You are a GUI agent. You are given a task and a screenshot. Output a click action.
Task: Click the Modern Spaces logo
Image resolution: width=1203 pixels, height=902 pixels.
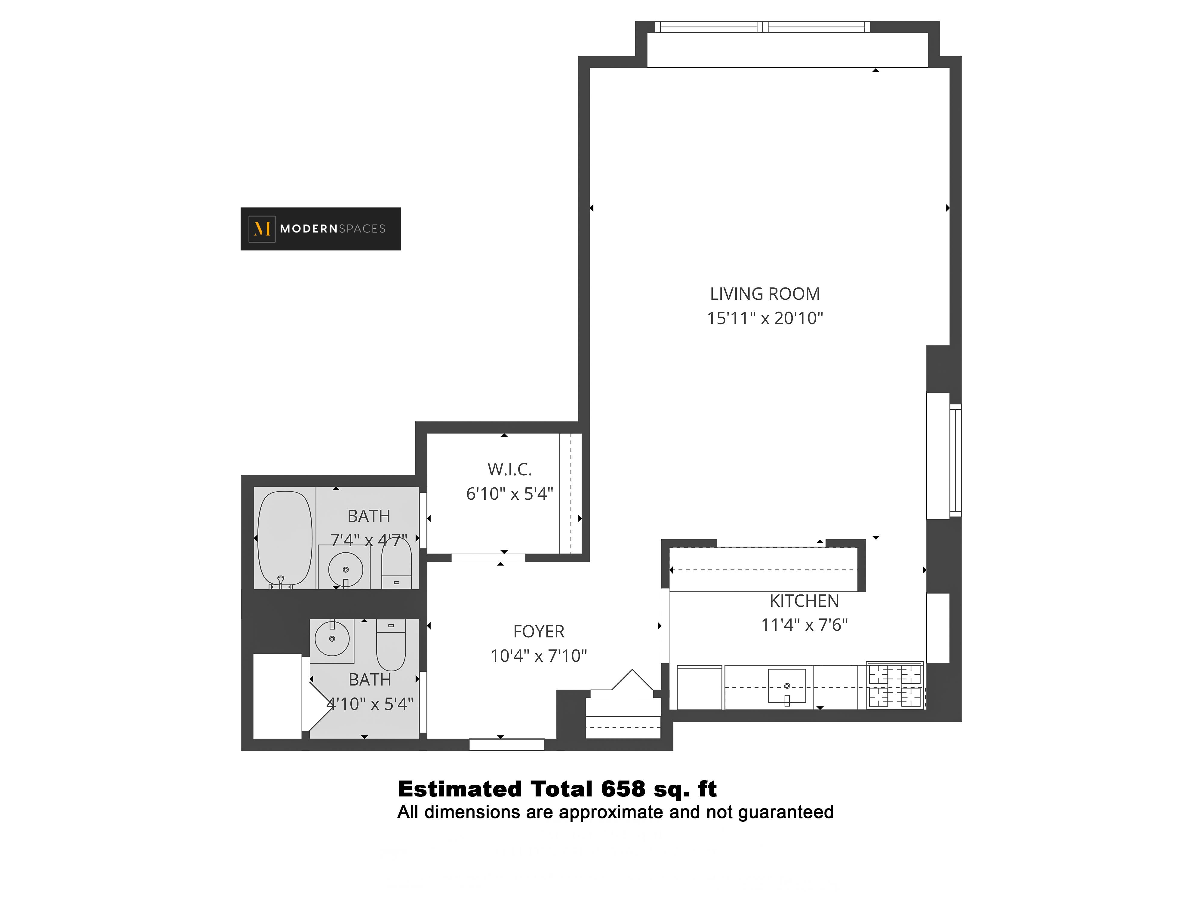point(320,229)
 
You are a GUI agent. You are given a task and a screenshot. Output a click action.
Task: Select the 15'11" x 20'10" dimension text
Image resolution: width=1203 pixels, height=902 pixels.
point(765,318)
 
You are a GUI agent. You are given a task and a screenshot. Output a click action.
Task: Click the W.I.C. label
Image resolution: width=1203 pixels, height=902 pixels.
point(509,469)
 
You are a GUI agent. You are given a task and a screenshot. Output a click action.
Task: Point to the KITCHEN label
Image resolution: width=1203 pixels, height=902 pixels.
point(804,601)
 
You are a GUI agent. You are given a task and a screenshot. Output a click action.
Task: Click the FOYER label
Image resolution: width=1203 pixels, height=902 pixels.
point(538,631)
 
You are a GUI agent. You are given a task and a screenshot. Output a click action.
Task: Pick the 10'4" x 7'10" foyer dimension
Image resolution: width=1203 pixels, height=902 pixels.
point(538,656)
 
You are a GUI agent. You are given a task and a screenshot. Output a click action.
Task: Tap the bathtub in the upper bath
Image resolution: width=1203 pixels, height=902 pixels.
point(285,538)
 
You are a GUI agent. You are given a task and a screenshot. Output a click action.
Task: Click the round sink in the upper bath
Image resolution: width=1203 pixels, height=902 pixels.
point(345,569)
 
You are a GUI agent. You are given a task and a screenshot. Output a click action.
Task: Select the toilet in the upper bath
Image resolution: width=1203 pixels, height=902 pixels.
point(396,566)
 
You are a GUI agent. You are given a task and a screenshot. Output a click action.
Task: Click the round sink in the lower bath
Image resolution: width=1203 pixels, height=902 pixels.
point(332,638)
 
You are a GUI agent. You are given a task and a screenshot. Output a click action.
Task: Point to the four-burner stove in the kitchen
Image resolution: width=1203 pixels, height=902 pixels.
point(895,686)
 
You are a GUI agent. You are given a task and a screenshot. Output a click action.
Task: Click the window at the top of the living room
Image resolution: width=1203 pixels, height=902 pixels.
point(762,27)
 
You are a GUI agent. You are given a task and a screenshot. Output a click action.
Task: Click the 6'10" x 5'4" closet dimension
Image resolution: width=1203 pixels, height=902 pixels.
point(509,494)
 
